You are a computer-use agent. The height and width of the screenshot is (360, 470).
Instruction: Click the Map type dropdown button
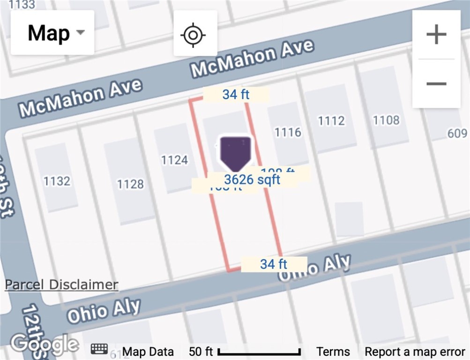click(52, 33)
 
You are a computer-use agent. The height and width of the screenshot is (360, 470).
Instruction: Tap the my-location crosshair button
click(195, 34)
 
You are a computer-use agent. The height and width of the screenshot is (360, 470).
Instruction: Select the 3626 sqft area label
click(252, 180)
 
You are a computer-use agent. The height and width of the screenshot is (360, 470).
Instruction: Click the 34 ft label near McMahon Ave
click(236, 94)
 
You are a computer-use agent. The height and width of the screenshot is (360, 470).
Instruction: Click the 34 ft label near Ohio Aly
click(274, 264)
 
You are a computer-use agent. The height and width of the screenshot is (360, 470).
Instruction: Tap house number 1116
click(288, 132)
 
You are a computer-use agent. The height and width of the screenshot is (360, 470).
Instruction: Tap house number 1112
click(331, 121)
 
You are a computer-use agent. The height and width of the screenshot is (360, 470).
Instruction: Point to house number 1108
click(386, 120)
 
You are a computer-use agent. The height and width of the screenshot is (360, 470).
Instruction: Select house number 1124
click(174, 160)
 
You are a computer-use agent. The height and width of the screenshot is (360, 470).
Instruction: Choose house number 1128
click(130, 184)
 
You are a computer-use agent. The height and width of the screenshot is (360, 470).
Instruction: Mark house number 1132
click(57, 181)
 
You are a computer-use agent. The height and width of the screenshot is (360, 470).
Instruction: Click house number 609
click(457, 134)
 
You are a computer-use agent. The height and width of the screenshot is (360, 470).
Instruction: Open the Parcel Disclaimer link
click(61, 285)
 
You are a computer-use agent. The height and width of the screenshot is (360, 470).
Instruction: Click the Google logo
click(45, 345)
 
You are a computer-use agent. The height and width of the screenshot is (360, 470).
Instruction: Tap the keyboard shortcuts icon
click(99, 349)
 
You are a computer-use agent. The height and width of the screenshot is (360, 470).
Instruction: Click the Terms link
click(333, 352)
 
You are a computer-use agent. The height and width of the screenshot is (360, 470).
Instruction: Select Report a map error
click(415, 352)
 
